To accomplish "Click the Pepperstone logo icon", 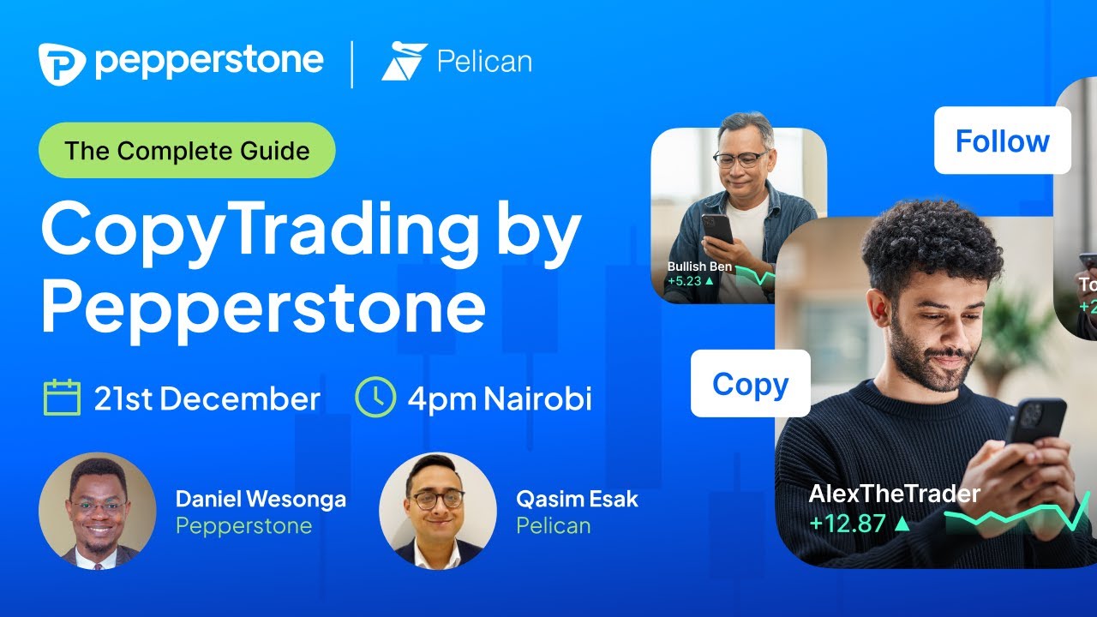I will [x=62, y=63].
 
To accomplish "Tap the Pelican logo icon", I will [x=404, y=62].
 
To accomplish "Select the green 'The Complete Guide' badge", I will [x=187, y=151].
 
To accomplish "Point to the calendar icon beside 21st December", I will [x=62, y=398].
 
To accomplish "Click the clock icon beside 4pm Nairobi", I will [x=375, y=398].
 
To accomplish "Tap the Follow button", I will [x=1002, y=141].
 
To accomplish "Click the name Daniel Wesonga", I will [x=261, y=499].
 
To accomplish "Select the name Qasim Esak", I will [x=577, y=499].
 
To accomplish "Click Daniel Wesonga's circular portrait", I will [x=98, y=511].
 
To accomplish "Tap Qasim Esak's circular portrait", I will [x=437, y=511].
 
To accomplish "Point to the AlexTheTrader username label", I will [x=894, y=494].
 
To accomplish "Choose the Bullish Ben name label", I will [x=699, y=267].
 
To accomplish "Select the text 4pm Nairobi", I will [x=500, y=399].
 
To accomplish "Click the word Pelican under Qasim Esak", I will [x=553, y=525].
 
